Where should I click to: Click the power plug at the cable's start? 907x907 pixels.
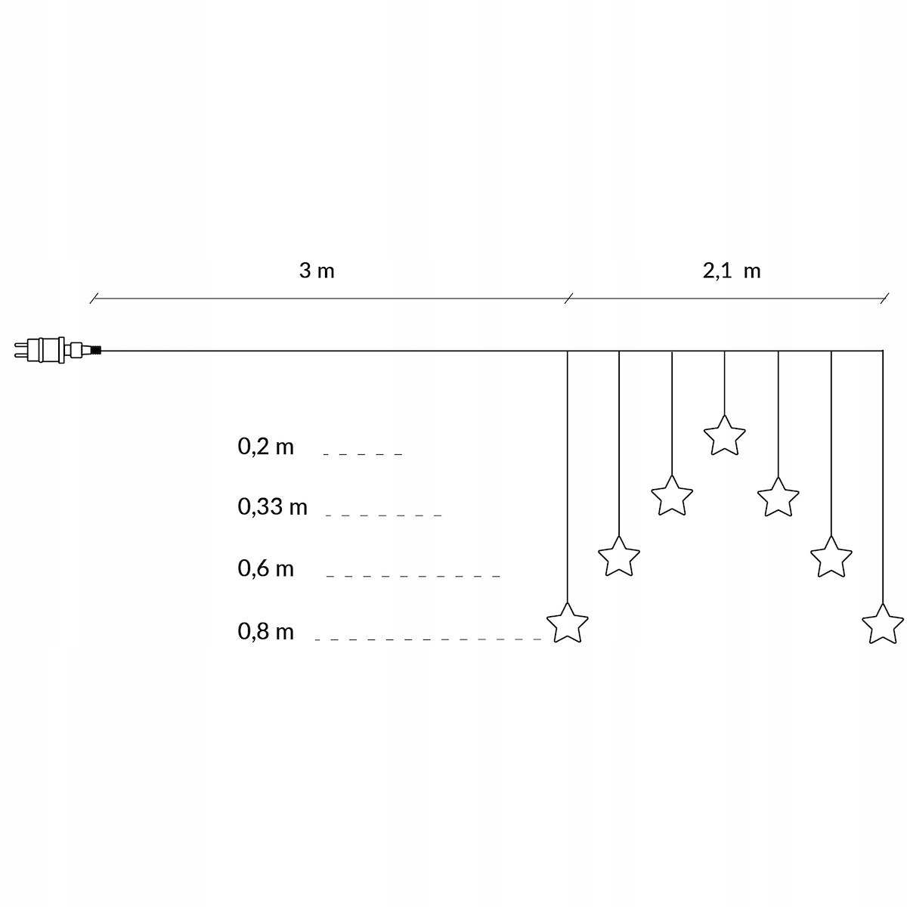pos(53,350)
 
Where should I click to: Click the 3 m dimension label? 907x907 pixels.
pos(316,271)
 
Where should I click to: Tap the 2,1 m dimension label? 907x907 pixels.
pos(731,271)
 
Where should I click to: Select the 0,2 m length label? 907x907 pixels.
pos(265,447)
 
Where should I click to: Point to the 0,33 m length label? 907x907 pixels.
pos(272,507)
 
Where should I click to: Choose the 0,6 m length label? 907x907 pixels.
pos(265,568)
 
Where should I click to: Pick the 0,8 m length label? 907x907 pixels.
pos(265,632)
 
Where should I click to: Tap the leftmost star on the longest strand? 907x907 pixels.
pos(567,623)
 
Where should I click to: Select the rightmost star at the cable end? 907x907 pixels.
pos(883,624)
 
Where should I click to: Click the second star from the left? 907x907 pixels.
pos(619,557)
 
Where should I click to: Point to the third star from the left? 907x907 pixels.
pos(672,496)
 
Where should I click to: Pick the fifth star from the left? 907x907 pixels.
pos(778,497)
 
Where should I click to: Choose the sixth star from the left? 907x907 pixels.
pos(831,557)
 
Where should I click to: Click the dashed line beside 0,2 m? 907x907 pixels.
pos(363,454)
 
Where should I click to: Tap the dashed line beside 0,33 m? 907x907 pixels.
pos(383,515)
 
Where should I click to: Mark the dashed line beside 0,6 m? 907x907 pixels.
pos(413,576)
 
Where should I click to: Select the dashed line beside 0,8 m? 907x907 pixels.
pos(429,639)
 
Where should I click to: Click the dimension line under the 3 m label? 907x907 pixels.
pos(329,298)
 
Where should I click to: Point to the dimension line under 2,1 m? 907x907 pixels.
pos(726,298)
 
